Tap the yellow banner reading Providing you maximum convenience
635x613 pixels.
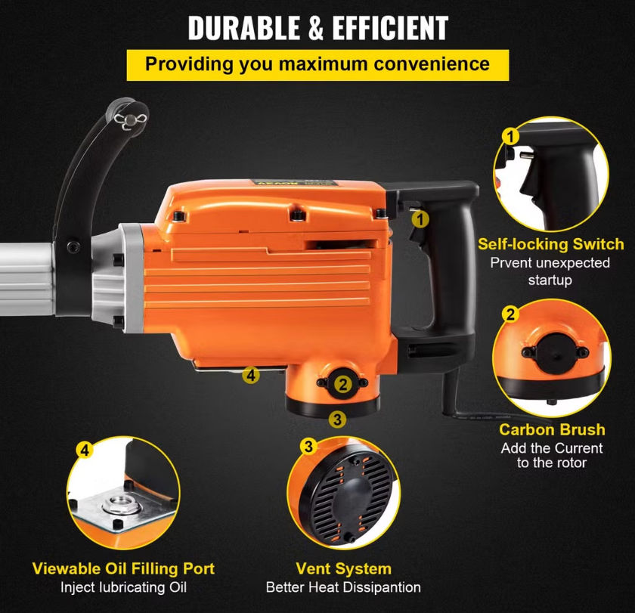click(x=317, y=63)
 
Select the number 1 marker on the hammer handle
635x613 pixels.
click(x=420, y=219)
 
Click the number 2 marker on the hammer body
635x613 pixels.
click(x=342, y=384)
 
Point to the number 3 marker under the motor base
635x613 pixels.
click(x=338, y=419)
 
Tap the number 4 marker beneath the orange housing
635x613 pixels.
click(x=251, y=374)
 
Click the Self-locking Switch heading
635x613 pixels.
click(x=550, y=244)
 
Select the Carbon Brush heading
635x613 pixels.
click(x=552, y=429)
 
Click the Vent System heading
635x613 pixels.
click(x=343, y=568)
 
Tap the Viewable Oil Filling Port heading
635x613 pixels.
click(x=123, y=568)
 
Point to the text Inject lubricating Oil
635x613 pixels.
click(x=123, y=587)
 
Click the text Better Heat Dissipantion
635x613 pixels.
click(x=343, y=587)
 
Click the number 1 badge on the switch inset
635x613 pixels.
click(x=511, y=136)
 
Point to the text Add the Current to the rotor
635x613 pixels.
click(x=551, y=455)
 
